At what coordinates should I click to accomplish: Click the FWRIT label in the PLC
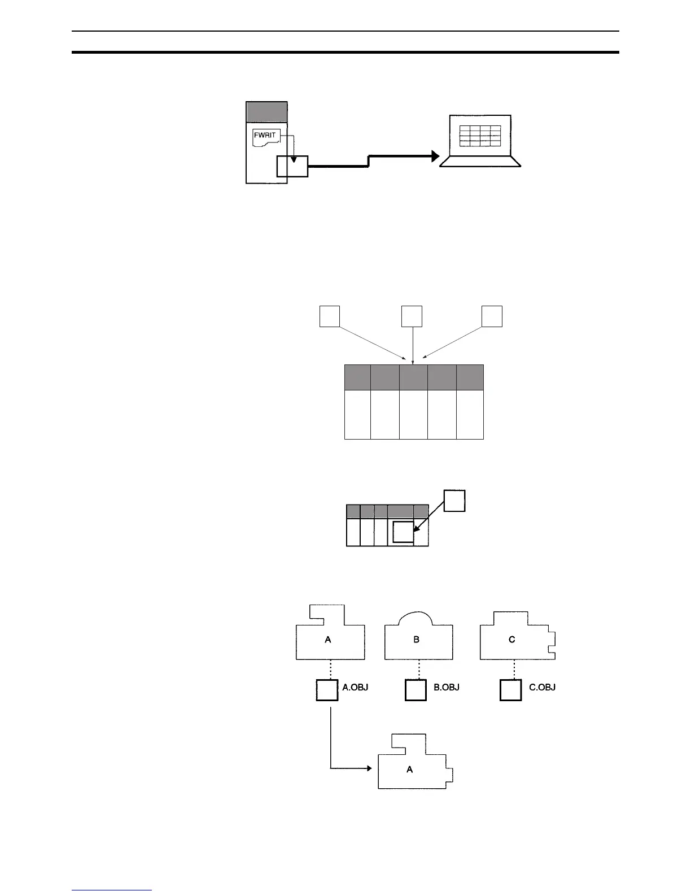pyautogui.click(x=265, y=136)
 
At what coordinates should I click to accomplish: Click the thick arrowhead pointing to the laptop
pyautogui.click(x=435, y=157)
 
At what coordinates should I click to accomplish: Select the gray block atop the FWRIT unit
pyautogui.click(x=267, y=112)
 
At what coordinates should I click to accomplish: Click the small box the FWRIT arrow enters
pyautogui.click(x=292, y=166)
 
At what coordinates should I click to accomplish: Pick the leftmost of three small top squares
pyautogui.click(x=330, y=316)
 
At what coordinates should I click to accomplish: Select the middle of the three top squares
pyautogui.click(x=412, y=316)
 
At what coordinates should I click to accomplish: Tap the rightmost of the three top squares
pyautogui.click(x=492, y=316)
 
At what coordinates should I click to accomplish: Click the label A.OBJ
pyautogui.click(x=355, y=688)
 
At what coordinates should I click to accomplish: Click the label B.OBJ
pyautogui.click(x=446, y=688)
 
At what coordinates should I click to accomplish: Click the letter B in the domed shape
pyautogui.click(x=416, y=640)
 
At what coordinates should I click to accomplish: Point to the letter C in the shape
pyautogui.click(x=511, y=640)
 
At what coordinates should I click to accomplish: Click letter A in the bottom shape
pyautogui.click(x=410, y=769)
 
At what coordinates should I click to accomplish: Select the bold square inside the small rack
pyautogui.click(x=403, y=533)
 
